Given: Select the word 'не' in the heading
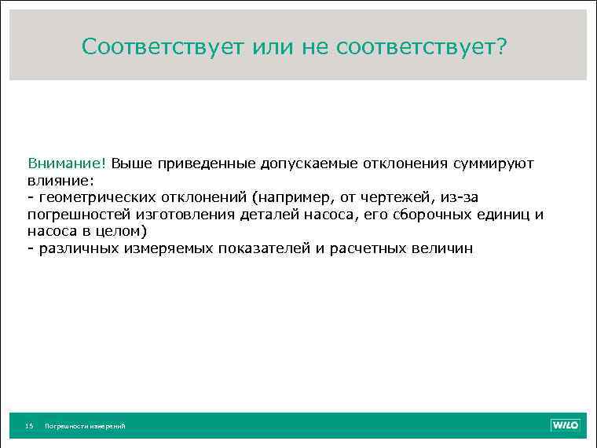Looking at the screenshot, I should [x=317, y=48].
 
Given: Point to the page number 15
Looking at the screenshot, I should [x=29, y=426].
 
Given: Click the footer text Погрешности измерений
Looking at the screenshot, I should [x=85, y=426].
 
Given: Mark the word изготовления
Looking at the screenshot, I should [x=185, y=215].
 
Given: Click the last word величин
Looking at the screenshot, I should [x=442, y=248].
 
